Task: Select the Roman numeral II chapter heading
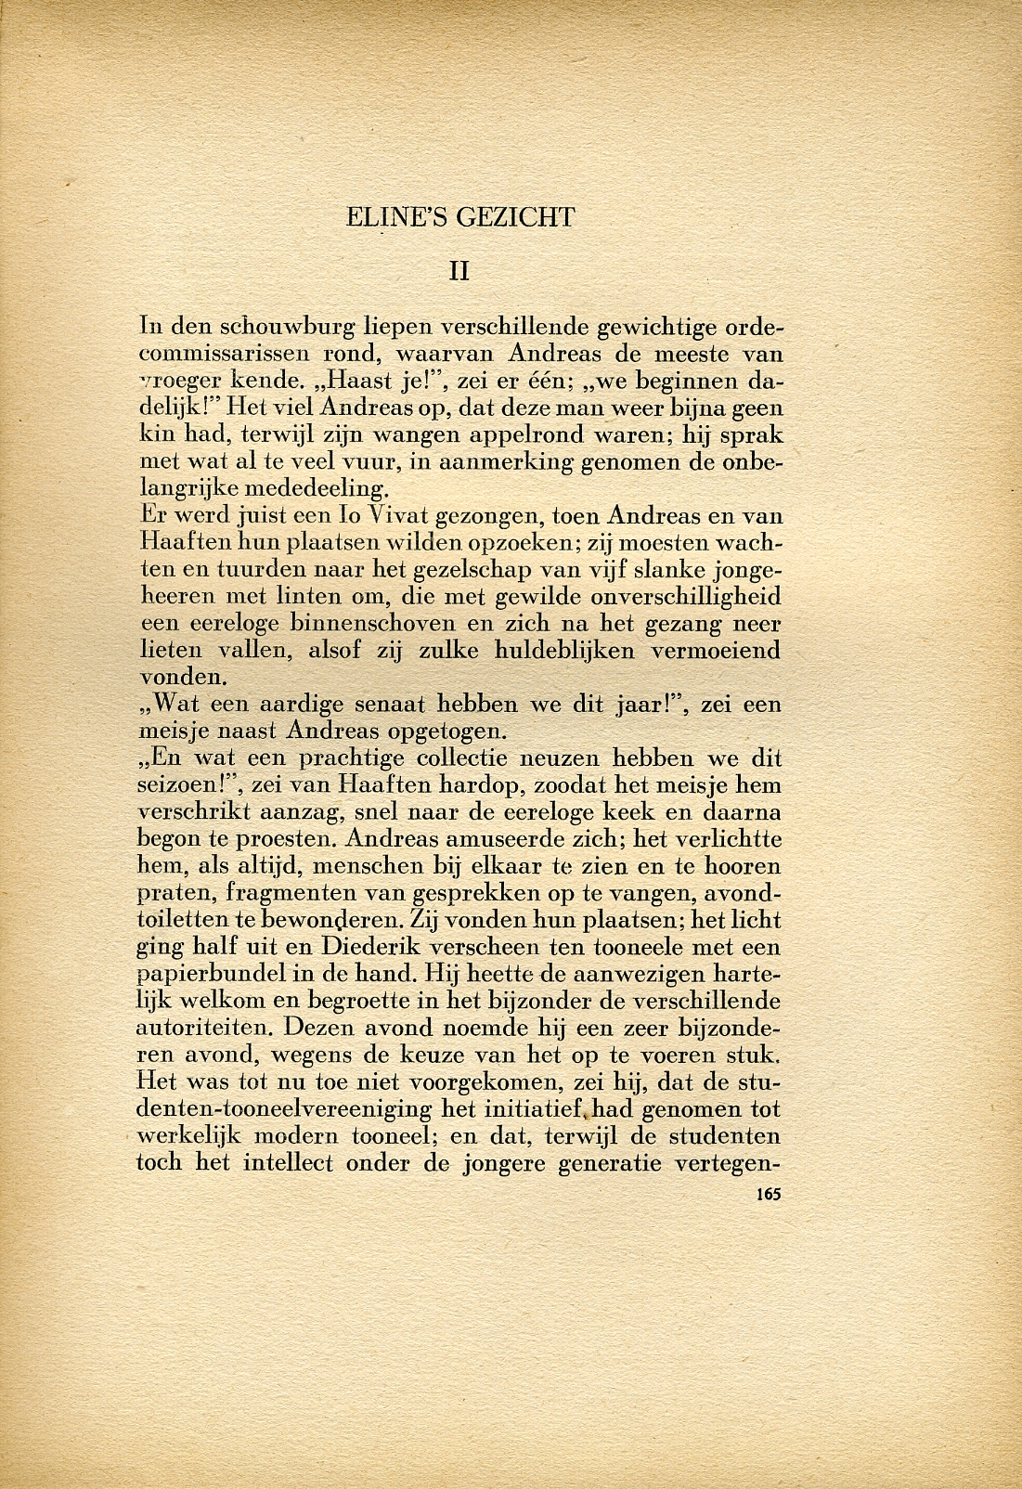pyautogui.click(x=459, y=271)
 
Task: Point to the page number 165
pyautogui.click(x=769, y=1194)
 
